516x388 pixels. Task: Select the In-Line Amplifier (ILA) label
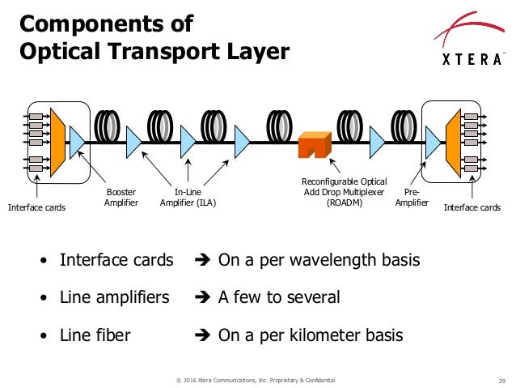click(188, 197)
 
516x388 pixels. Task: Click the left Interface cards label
click(36, 207)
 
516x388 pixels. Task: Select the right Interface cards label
click(472, 207)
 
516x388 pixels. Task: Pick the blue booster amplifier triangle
click(78, 143)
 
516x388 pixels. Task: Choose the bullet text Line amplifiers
click(115, 297)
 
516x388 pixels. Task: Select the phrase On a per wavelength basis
click(319, 260)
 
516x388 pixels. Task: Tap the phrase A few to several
click(279, 297)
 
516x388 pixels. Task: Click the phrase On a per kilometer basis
click(310, 335)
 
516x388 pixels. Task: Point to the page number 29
click(501, 380)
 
